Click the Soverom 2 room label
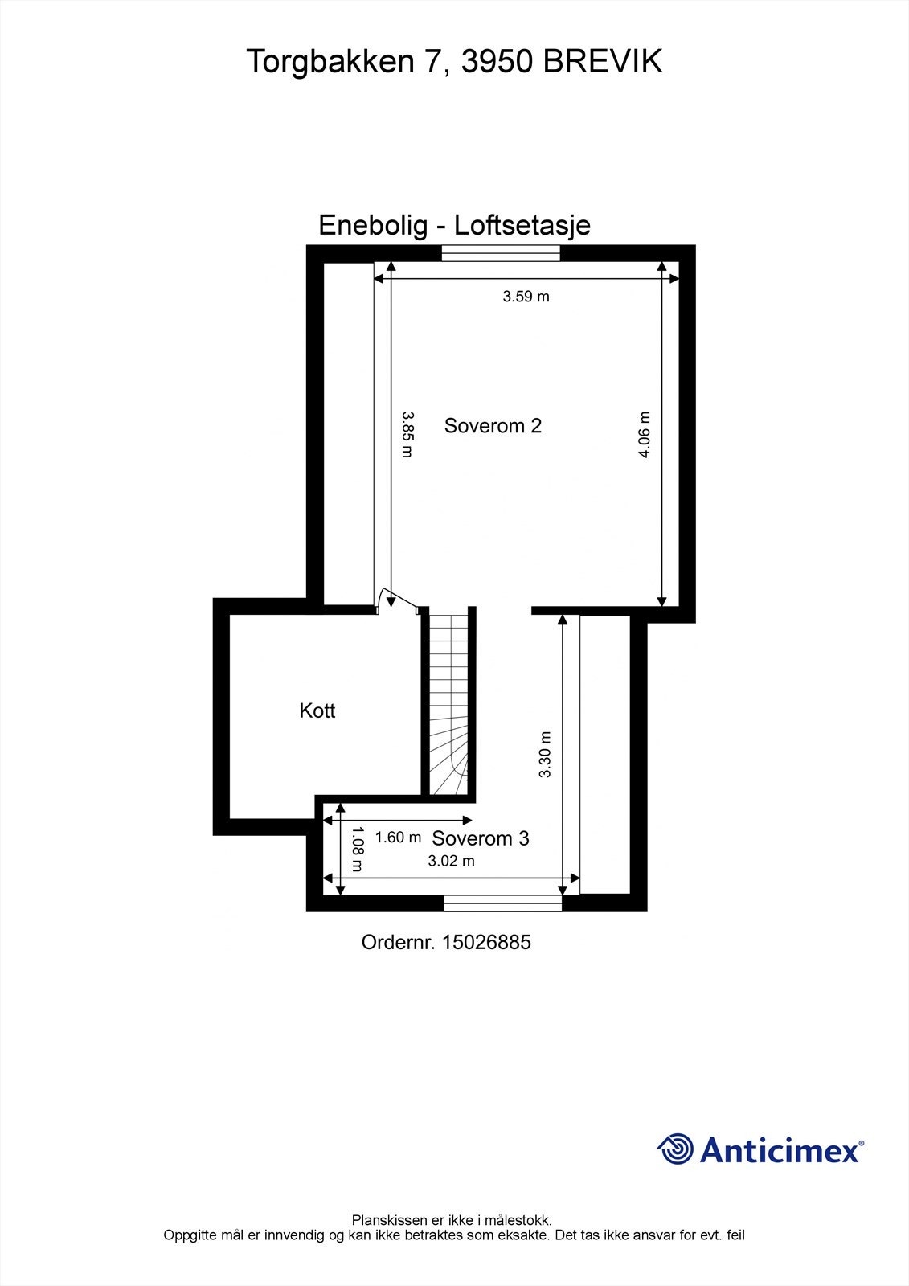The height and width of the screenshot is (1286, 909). [493, 426]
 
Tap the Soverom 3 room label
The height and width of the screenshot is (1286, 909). [481, 838]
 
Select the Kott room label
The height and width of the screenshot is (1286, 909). [317, 711]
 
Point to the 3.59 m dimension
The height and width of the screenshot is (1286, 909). [526, 297]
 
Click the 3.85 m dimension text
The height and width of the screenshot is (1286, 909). [407, 434]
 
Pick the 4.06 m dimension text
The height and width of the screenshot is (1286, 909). [644, 434]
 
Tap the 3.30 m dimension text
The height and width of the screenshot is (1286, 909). [545, 754]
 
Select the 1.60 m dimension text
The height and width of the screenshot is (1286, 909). [398, 838]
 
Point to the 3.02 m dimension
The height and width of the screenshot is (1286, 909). [451, 861]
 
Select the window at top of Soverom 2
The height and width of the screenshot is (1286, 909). [500, 252]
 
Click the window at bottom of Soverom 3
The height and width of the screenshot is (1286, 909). [502, 903]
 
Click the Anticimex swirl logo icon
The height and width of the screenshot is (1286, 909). [675, 1149]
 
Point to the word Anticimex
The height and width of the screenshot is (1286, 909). [779, 1150]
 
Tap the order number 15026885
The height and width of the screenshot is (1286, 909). [485, 942]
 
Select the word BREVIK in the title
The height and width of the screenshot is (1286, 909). [603, 61]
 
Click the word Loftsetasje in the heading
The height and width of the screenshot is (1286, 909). [522, 225]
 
